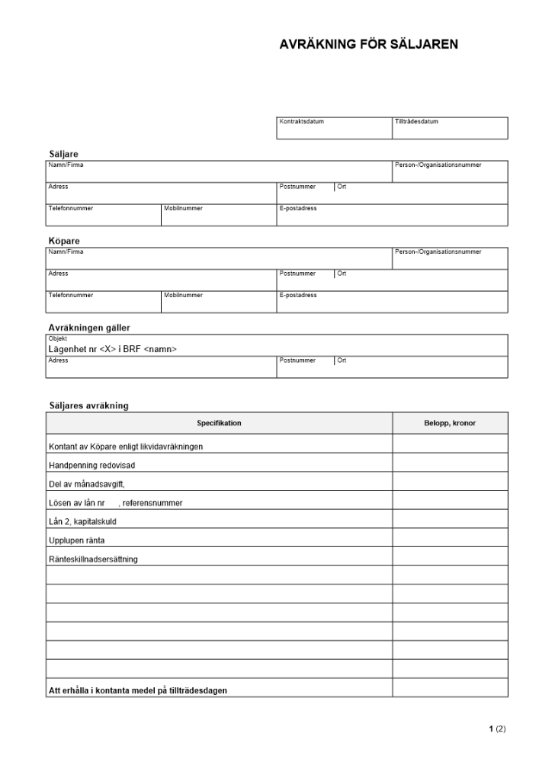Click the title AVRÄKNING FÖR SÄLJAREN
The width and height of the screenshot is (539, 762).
(x=369, y=44)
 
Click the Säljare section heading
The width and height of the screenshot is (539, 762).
(x=63, y=154)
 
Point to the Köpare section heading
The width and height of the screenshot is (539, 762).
(x=64, y=241)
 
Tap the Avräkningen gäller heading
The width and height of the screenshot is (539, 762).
(x=89, y=328)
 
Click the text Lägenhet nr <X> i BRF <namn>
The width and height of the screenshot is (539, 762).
(x=112, y=349)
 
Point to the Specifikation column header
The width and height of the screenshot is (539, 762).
(x=219, y=423)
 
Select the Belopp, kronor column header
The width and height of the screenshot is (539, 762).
(x=450, y=423)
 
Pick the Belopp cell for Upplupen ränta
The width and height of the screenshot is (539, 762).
(x=450, y=540)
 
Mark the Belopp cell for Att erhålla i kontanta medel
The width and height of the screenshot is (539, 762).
(x=450, y=690)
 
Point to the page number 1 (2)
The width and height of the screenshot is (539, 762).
(x=497, y=729)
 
